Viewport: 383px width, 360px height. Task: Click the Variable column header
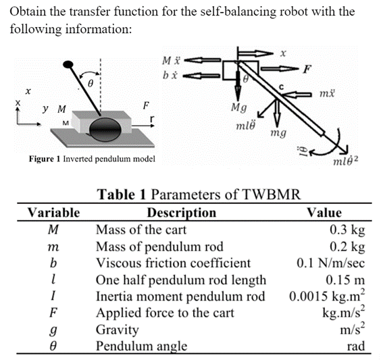tap(53, 213)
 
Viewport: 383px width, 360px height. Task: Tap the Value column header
tap(324, 213)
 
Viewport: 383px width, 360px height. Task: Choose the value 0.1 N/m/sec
tap(331, 263)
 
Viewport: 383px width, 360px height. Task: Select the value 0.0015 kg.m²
tap(327, 296)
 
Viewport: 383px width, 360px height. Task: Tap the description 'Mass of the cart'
tap(138, 228)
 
